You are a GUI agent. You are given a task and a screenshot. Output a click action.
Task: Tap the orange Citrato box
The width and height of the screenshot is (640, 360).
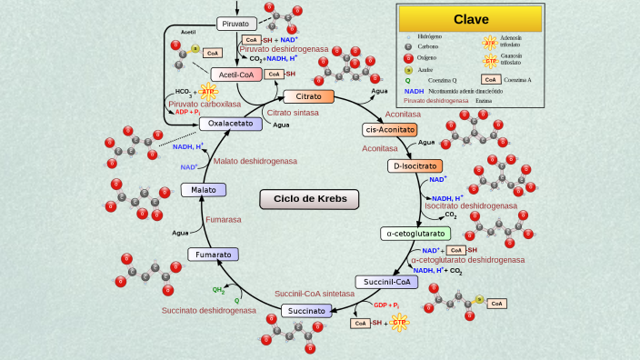308,96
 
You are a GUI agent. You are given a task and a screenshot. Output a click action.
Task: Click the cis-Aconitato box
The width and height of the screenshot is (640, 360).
390,130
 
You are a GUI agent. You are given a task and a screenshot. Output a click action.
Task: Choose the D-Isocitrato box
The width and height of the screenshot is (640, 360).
415,166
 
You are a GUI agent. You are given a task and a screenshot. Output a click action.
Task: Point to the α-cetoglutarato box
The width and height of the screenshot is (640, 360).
415,234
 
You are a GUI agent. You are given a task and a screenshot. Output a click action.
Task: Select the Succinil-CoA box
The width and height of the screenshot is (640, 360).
386,282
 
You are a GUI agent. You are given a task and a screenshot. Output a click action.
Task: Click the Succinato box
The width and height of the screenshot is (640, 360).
308,311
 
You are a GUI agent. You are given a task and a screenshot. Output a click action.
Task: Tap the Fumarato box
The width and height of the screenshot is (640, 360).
213,255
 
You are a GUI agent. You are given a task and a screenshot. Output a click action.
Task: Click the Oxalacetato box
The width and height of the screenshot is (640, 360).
231,124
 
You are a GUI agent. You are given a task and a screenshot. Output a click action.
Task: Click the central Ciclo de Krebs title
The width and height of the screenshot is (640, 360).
309,199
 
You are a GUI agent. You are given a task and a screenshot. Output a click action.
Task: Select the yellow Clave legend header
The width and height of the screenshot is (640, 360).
471,19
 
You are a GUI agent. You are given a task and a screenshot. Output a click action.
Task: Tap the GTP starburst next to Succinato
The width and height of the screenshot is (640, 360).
399,322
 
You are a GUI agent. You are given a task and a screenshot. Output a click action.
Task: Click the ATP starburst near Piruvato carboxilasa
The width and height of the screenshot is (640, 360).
208,92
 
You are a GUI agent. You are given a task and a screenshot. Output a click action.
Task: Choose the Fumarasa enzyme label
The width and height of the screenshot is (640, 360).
223,219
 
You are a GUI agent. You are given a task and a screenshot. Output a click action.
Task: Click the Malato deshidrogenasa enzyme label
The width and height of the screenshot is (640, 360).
255,161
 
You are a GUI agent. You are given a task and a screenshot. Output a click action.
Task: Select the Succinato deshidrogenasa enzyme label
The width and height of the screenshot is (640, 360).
208,310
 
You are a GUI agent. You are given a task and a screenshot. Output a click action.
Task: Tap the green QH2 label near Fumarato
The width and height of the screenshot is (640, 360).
218,290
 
